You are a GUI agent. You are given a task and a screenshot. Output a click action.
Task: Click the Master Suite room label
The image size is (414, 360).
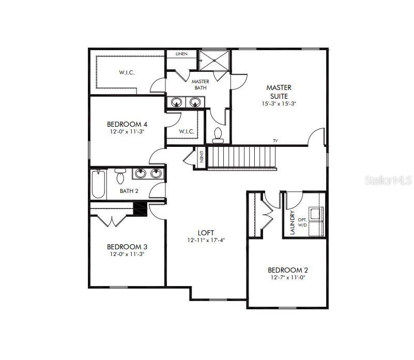(279, 92)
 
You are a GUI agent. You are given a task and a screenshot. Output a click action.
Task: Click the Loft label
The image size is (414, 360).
(206, 233)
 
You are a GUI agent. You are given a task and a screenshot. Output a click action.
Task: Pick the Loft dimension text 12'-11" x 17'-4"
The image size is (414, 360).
(206, 241)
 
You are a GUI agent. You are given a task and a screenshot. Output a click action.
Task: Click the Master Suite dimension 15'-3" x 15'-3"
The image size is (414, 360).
(279, 103)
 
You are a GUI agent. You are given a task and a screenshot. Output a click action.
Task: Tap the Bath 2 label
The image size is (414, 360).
(129, 191)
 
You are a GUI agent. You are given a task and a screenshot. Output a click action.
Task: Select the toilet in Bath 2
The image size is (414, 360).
(120, 176)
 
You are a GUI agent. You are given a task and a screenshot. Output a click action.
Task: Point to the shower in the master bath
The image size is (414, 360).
(214, 61)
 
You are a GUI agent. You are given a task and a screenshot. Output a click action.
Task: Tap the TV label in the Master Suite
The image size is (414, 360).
(275, 141)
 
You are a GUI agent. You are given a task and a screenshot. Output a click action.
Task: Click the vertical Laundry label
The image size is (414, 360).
(293, 222)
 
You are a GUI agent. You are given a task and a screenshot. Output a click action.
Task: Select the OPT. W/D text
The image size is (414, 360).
(316, 222)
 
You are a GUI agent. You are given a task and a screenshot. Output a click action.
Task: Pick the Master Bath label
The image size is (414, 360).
(200, 85)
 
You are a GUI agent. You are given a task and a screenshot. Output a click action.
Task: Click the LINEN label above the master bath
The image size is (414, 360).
(181, 54)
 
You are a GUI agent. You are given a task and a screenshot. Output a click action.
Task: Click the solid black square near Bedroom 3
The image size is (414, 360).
(140, 208)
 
